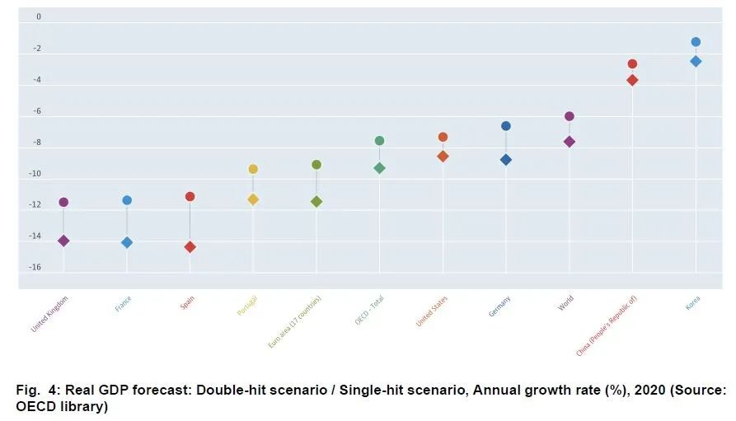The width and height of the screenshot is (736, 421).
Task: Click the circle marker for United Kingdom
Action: click(x=63, y=202)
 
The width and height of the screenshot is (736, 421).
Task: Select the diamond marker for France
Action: click(x=127, y=242)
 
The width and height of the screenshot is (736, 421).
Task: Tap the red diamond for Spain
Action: click(x=190, y=247)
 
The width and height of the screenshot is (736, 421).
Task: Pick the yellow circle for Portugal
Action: click(x=253, y=169)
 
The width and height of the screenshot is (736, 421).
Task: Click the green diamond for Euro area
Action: click(x=316, y=201)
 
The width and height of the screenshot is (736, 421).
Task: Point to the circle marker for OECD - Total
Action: click(x=379, y=141)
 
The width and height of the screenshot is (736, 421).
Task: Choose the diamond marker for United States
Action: click(x=443, y=156)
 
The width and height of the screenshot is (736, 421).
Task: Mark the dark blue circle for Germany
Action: click(x=506, y=126)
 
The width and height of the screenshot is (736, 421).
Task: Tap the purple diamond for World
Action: click(x=569, y=142)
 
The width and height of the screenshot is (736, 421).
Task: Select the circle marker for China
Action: click(x=632, y=63)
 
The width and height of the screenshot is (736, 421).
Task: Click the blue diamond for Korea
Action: click(x=696, y=61)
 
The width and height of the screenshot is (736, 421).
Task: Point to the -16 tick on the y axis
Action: click(x=37, y=267)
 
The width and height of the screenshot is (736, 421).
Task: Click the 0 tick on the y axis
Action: click(x=39, y=16)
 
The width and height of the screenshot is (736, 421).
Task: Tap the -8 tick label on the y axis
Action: click(x=37, y=142)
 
